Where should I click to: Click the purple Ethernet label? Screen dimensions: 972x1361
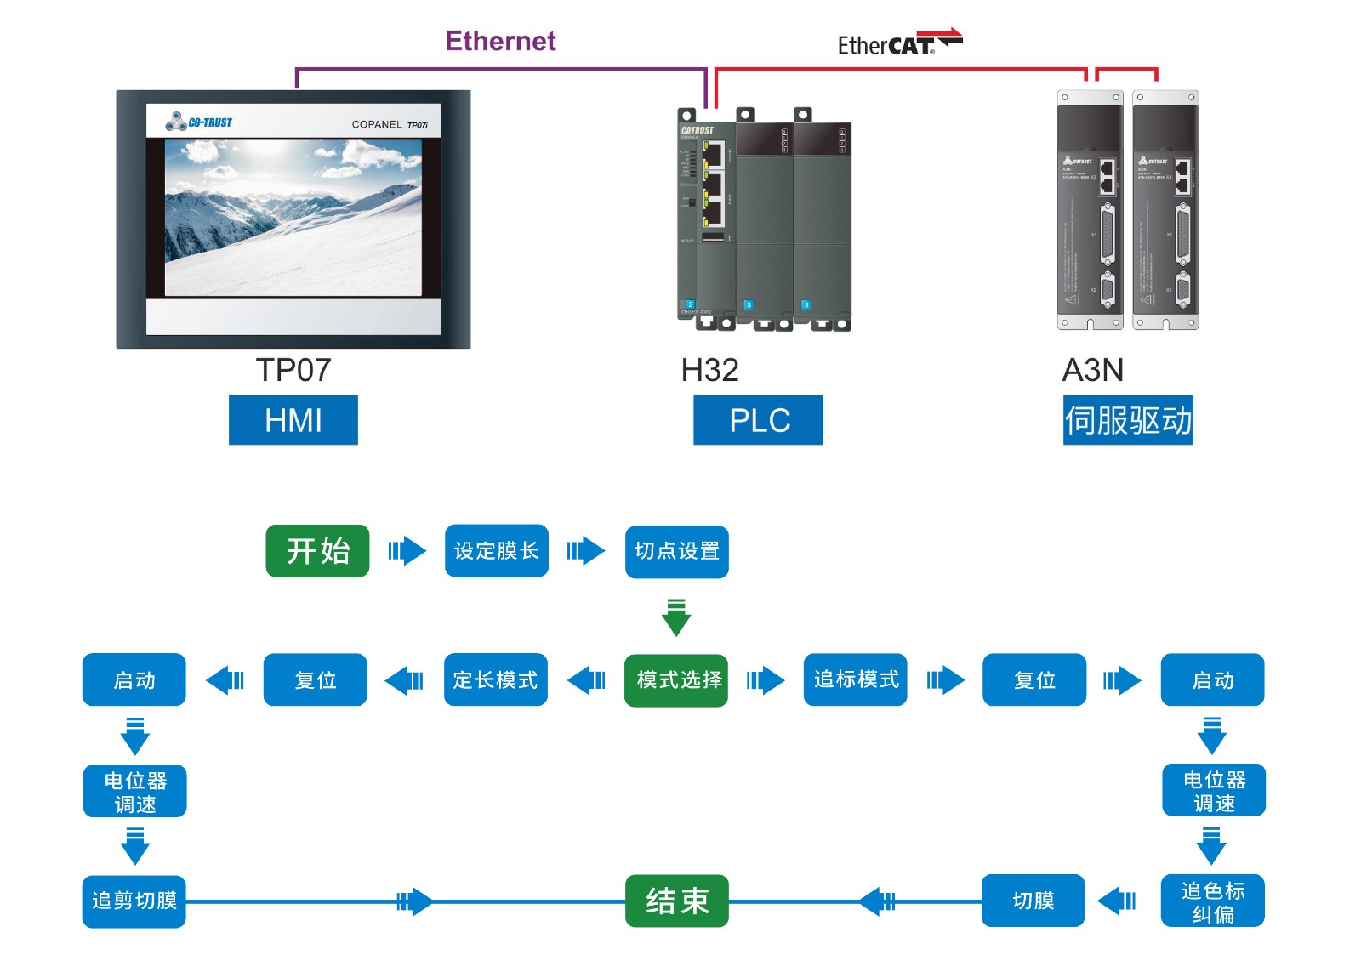[x=500, y=41]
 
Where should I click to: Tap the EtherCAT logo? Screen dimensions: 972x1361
[x=899, y=43]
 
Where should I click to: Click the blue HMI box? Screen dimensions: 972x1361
[x=293, y=420]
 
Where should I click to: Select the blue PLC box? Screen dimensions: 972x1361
[x=758, y=420]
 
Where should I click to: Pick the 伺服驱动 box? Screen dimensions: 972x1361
[x=1127, y=420]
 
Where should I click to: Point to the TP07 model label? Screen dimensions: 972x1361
[x=293, y=371]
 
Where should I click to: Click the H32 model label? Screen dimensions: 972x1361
[x=709, y=371]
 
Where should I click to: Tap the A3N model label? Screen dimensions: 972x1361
[x=1093, y=371]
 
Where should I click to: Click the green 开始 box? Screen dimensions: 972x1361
[x=317, y=551]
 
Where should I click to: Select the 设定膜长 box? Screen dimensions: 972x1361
[x=497, y=551]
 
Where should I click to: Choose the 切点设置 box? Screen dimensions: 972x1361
[x=676, y=552]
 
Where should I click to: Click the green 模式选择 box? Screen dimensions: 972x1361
[x=676, y=680]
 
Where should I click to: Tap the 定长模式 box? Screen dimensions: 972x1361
[x=496, y=680]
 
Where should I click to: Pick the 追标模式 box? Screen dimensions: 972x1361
[x=855, y=679]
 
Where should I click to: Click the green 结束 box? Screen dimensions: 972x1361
[x=676, y=901]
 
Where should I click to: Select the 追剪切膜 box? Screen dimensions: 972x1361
[x=134, y=901]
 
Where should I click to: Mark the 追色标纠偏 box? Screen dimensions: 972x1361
[x=1212, y=901]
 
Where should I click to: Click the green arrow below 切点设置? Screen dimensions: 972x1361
[x=676, y=617]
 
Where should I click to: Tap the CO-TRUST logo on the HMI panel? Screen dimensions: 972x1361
[x=200, y=122]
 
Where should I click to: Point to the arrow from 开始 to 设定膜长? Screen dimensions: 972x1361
[x=407, y=551]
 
